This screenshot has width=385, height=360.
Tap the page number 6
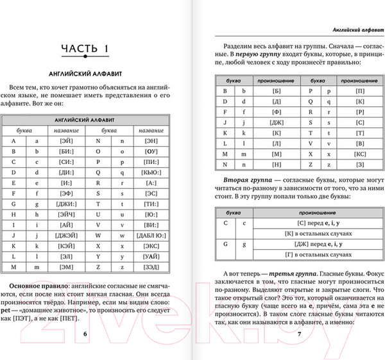coord(86,334)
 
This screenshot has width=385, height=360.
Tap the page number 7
coord(298,334)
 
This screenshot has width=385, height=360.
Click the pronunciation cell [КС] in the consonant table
coord(360,154)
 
